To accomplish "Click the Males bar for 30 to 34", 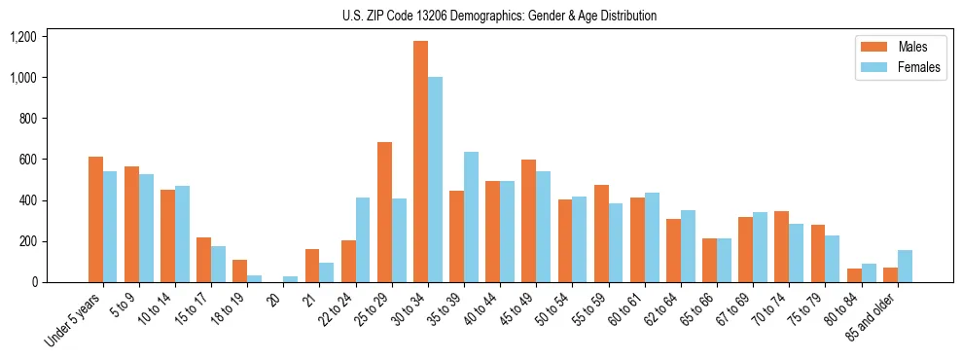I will (420, 162).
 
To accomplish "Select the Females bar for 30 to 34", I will (435, 180).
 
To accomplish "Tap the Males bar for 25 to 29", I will (384, 212).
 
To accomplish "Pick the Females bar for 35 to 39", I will (471, 217).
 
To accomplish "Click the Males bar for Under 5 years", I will (95, 220).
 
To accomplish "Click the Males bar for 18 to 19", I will (239, 271).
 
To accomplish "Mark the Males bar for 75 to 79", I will (817, 254).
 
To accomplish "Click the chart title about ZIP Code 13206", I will (499, 16).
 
